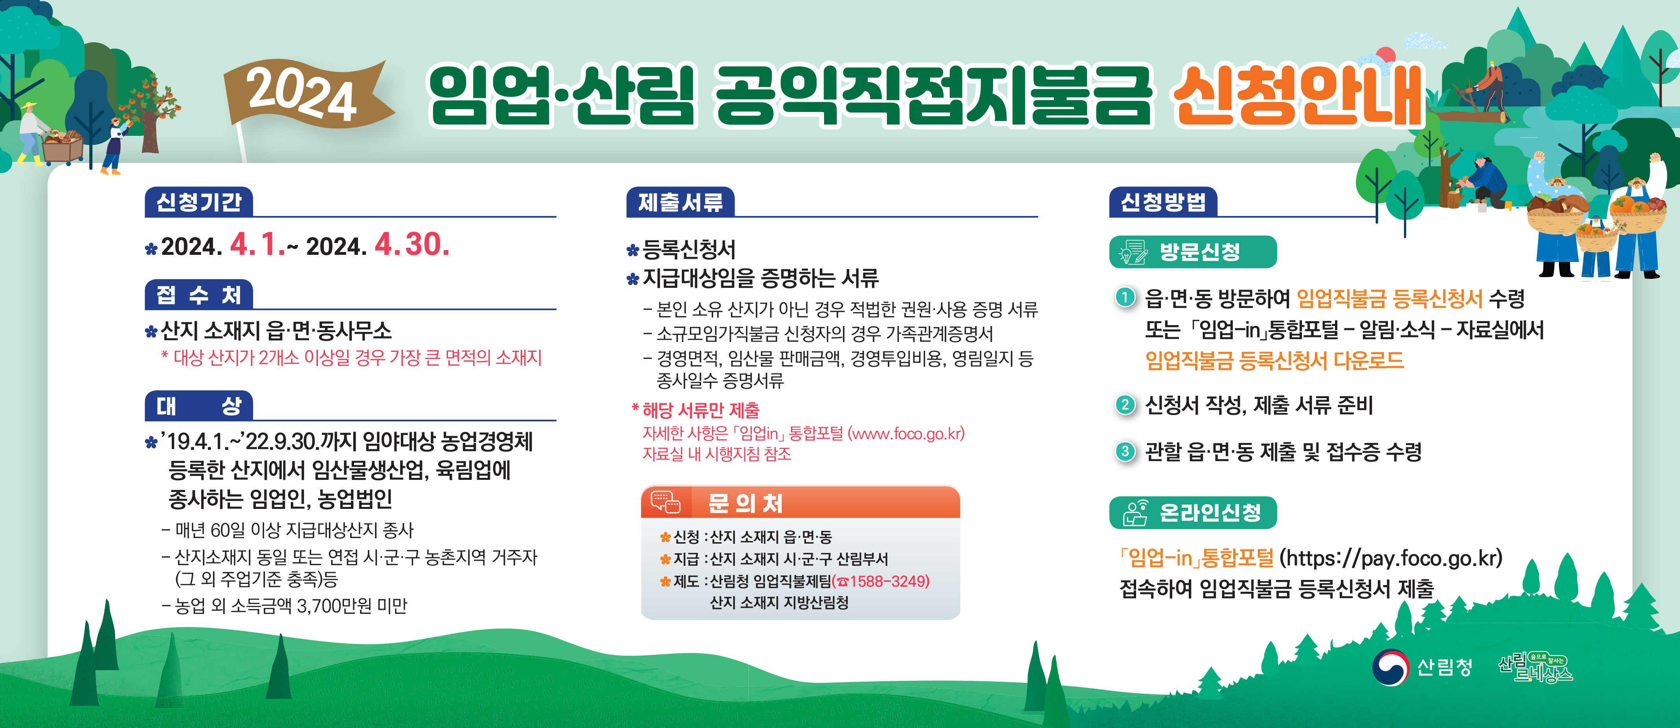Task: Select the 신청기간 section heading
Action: pos(199,202)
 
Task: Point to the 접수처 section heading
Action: pos(199,295)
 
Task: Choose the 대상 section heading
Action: pos(199,406)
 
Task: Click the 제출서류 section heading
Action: pos(680,202)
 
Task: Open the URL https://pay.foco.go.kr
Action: pos(1390,558)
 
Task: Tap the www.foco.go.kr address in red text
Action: pos(905,434)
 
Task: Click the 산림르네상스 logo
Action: pos(1536,668)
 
